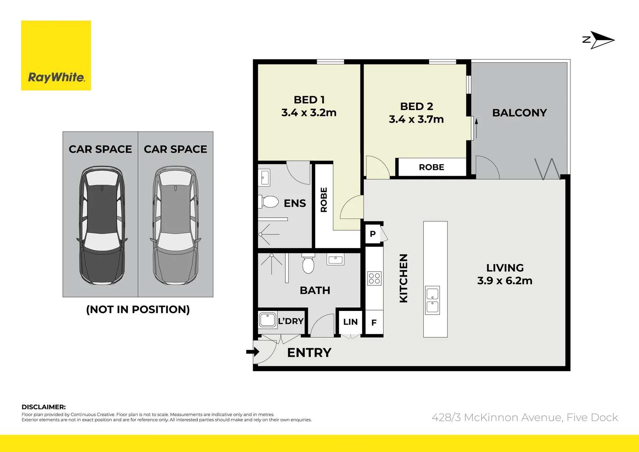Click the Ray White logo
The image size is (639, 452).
[56, 56]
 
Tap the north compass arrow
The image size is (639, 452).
[601, 40]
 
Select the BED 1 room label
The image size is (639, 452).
[309, 100]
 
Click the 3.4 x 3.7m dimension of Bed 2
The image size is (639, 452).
[416, 119]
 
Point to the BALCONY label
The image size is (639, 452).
[519, 113]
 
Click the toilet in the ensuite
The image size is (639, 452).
[268, 202]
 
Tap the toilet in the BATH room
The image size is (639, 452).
[308, 264]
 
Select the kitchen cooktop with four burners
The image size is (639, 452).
[374, 278]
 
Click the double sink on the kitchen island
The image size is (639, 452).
[432, 300]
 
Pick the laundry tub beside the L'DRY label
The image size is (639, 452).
[268, 320]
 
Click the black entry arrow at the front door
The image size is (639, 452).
[252, 352]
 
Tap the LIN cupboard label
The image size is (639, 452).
[350, 322]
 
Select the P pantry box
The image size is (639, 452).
[373, 234]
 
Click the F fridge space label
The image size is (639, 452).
[374, 323]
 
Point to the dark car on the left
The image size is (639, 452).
[101, 226]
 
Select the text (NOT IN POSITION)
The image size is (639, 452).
[138, 310]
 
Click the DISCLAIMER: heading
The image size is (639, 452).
[43, 407]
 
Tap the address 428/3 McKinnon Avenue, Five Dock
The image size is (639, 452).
[524, 417]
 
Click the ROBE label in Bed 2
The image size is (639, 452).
[431, 167]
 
